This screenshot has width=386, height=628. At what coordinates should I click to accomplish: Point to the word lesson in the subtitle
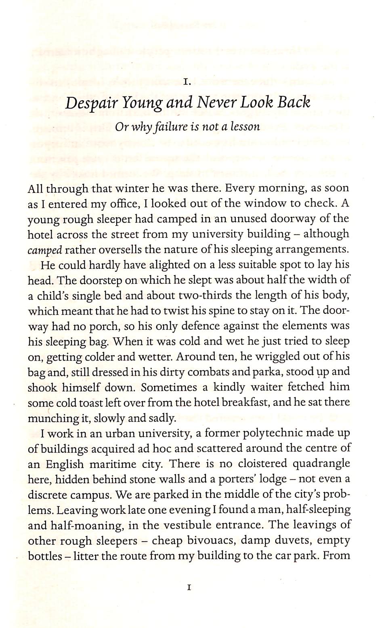pyautogui.click(x=243, y=127)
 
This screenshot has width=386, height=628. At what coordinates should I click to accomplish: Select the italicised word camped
pyautogui.click(x=44, y=250)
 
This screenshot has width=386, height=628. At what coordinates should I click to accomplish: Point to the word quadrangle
pyautogui.click(x=321, y=464)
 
